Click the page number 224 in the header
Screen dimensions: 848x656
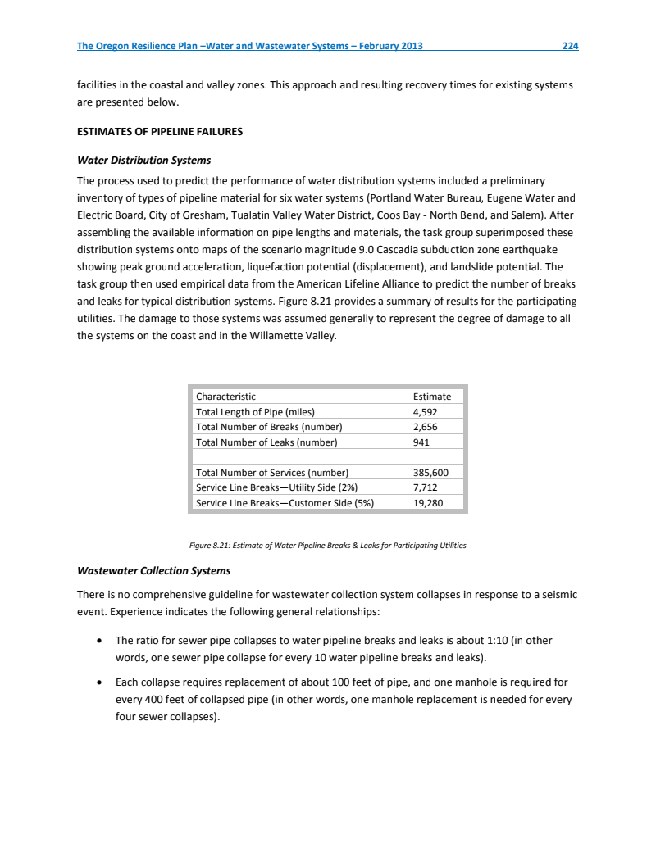click(x=570, y=46)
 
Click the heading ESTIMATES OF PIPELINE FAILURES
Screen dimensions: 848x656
click(x=159, y=131)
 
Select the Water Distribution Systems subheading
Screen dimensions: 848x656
click(x=143, y=160)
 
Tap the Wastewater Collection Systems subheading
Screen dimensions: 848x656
click(x=153, y=570)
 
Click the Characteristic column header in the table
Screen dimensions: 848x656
click(x=225, y=397)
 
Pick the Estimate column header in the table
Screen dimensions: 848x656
click(x=431, y=397)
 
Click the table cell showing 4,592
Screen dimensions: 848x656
click(x=426, y=412)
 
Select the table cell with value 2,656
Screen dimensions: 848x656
click(x=426, y=427)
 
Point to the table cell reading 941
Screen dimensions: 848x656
click(x=421, y=442)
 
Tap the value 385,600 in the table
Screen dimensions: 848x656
click(x=430, y=473)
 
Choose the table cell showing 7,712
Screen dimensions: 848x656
click(x=426, y=487)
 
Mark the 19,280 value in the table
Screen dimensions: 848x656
click(x=428, y=503)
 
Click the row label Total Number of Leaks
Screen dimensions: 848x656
click(x=266, y=442)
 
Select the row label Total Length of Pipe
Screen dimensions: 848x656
click(x=255, y=412)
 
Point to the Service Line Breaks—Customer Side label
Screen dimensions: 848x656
click(x=285, y=503)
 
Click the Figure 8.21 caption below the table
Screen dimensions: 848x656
click(x=327, y=545)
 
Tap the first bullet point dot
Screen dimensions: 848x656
click(x=99, y=640)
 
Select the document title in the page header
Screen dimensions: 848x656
click(x=250, y=46)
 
